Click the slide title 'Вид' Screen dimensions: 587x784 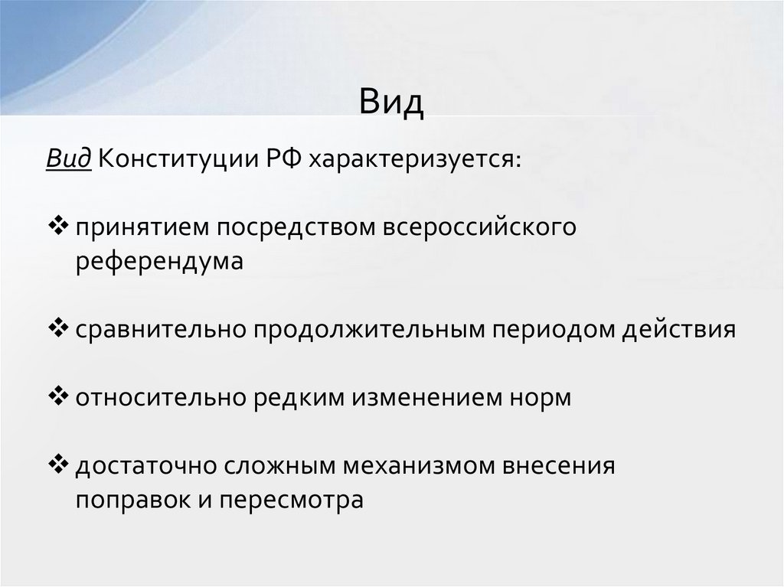tap(391, 102)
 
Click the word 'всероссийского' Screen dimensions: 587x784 tap(479, 228)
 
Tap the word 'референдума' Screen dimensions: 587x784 tap(159, 261)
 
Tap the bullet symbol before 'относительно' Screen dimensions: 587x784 tap(58, 397)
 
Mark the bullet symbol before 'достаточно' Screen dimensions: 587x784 tap(58, 465)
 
